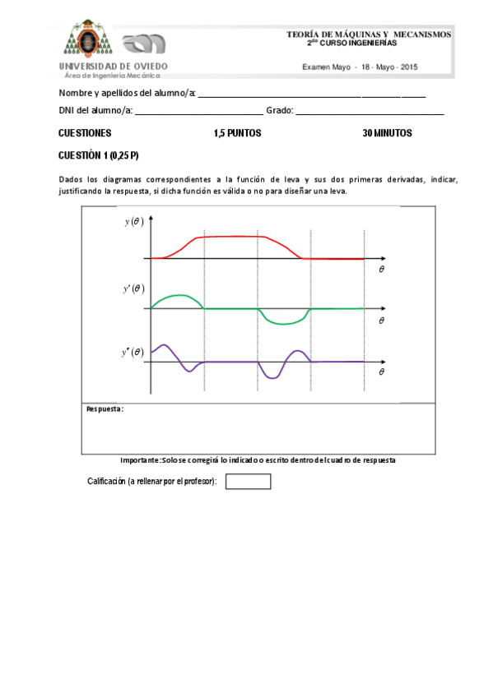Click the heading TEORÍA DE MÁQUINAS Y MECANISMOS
click(369, 34)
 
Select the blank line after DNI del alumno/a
click(198, 113)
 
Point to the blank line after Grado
click(370, 113)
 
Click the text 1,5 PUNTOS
click(237, 133)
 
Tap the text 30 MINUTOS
click(387, 133)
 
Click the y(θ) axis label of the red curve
click(134, 222)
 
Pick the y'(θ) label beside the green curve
click(133, 288)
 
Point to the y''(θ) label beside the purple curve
click(133, 353)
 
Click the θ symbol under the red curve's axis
click(381, 269)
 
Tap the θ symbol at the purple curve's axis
click(381, 372)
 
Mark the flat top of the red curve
click(231, 237)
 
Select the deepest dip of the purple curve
click(271, 377)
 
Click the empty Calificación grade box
click(248, 482)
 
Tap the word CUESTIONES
click(85, 133)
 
